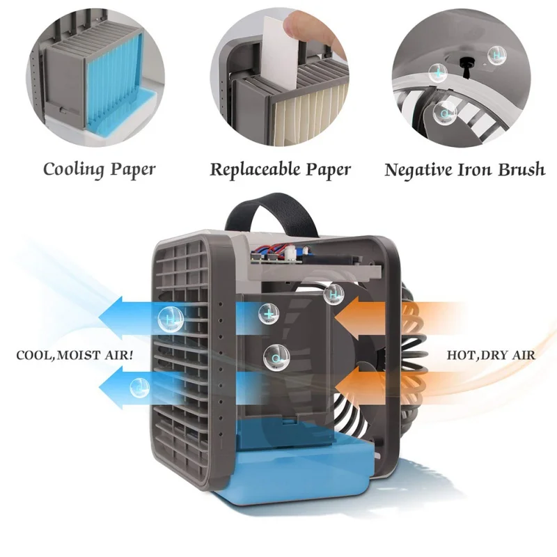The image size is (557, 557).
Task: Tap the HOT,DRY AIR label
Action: click(x=491, y=355)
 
